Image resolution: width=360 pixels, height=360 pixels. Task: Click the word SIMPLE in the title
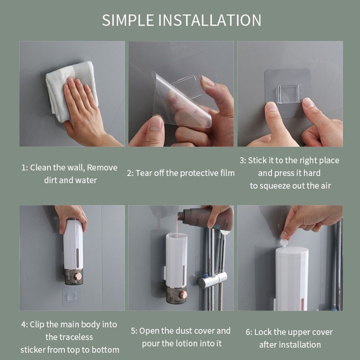(128, 20)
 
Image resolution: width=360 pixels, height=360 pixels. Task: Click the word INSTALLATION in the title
(210, 20)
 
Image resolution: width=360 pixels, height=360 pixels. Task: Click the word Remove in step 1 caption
(102, 167)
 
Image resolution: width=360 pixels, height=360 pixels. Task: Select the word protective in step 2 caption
(198, 173)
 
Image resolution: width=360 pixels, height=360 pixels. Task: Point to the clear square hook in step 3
(289, 94)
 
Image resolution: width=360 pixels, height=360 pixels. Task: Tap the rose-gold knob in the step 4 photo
(78, 276)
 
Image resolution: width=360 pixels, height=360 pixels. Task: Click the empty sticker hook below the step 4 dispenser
(71, 297)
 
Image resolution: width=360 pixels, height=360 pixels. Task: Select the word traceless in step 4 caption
(69, 337)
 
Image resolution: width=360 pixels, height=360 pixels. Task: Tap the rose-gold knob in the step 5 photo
(183, 295)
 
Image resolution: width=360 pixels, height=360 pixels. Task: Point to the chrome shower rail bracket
(212, 279)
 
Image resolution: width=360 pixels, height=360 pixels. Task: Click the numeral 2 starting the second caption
(129, 174)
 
